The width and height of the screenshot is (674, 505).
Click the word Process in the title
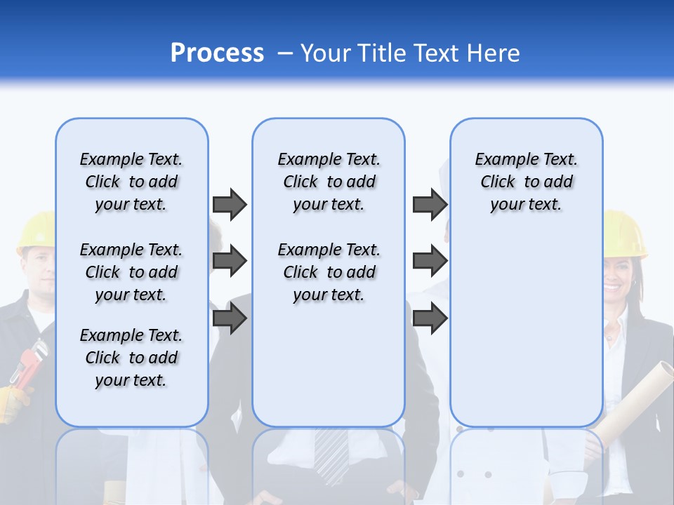point(217,53)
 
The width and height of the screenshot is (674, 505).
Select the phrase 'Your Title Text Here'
point(410,53)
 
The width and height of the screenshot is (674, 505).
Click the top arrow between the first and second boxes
point(230,204)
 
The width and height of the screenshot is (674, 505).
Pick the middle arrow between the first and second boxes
point(230,262)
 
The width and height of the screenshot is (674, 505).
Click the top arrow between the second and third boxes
point(430,204)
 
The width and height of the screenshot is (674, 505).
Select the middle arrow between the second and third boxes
point(430,262)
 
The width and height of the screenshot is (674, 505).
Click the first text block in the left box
point(131,182)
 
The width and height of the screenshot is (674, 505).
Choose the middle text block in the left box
point(131,272)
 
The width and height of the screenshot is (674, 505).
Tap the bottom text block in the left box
point(131,358)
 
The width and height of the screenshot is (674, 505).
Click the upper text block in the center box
point(329,182)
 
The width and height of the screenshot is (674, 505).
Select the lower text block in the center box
point(329,272)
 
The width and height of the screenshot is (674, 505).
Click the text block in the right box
point(526,182)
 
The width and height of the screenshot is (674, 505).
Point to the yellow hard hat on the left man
point(35,232)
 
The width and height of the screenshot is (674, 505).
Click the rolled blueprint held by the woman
point(635,393)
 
